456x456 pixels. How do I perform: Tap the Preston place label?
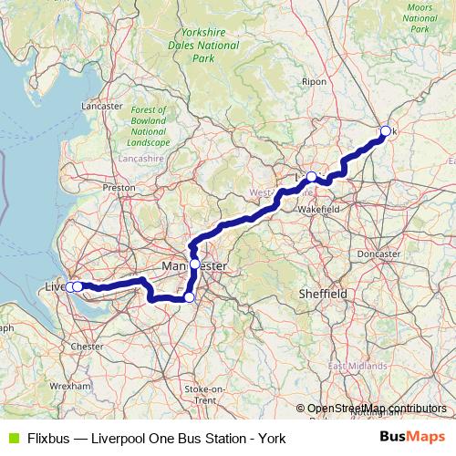click(x=119, y=187)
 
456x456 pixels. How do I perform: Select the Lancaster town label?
click(x=101, y=106)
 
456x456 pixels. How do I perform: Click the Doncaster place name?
click(x=378, y=254)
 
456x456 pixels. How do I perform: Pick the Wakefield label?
click(x=319, y=209)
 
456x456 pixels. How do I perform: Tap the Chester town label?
click(x=88, y=347)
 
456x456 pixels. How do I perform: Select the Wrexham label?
click(x=71, y=386)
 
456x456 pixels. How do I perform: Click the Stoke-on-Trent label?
click(x=200, y=394)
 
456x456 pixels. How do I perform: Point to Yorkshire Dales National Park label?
click(x=202, y=45)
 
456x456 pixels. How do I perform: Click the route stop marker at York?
click(x=385, y=131)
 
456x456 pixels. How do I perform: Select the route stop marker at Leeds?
click(x=311, y=177)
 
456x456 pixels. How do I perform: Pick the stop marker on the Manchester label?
click(x=194, y=264)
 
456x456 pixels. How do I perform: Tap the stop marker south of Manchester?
click(x=189, y=297)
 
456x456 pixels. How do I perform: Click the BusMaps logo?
click(x=412, y=438)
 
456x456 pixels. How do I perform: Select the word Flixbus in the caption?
click(x=47, y=439)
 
